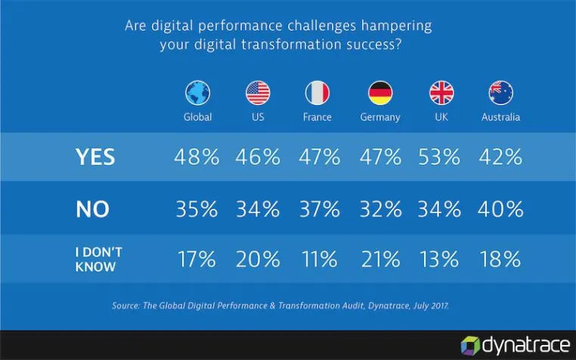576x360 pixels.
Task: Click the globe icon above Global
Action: point(197,93)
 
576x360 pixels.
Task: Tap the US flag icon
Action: point(258,93)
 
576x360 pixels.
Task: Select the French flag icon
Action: point(317,93)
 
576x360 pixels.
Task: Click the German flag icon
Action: point(380,93)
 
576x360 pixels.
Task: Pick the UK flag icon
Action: point(441,93)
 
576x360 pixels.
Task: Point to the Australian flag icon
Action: point(501,93)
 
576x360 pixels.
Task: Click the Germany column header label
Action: point(380,117)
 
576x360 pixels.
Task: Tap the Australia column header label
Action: point(500,117)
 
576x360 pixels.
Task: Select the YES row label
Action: point(95,157)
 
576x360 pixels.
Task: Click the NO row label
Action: point(92,209)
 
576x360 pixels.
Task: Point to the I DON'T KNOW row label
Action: point(98,259)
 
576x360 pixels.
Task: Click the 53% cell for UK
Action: point(439,157)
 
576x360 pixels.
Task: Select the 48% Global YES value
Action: point(197,157)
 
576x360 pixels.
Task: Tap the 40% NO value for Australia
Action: point(500,209)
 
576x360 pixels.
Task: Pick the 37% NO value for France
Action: point(320,209)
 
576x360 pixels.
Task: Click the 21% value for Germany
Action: point(380,259)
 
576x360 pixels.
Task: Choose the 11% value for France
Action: point(319,259)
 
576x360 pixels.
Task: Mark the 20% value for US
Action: point(258,259)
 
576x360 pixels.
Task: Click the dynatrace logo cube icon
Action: point(471,346)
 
